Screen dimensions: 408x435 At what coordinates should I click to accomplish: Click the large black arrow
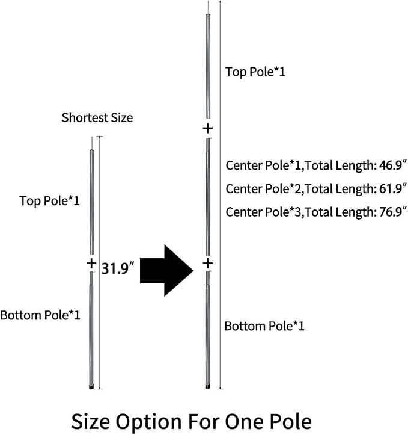pyautogui.click(x=166, y=271)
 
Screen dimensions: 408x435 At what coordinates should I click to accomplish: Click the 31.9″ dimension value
pyautogui.click(x=118, y=268)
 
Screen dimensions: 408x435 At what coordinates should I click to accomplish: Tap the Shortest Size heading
pyautogui.click(x=97, y=118)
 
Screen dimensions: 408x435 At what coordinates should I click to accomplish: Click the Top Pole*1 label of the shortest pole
pyautogui.click(x=50, y=201)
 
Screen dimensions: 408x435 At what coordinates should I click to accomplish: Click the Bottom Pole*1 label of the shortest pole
pyautogui.click(x=40, y=315)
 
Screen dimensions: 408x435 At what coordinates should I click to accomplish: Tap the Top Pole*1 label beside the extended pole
pyautogui.click(x=255, y=72)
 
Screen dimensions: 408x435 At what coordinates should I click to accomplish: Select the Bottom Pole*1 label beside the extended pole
pyautogui.click(x=264, y=326)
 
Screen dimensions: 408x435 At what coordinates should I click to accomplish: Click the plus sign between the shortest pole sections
pyautogui.click(x=91, y=263)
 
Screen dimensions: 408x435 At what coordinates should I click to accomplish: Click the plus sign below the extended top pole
pyautogui.click(x=208, y=128)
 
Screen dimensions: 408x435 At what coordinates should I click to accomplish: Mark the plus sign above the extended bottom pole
pyautogui.click(x=208, y=263)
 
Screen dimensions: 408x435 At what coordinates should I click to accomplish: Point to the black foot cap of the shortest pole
pyautogui.click(x=91, y=387)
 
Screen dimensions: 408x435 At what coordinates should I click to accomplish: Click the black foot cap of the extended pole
pyautogui.click(x=208, y=387)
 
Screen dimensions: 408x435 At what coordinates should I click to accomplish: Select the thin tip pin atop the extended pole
pyautogui.click(x=208, y=7)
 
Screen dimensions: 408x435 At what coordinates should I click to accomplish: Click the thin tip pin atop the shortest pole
pyautogui.click(x=92, y=143)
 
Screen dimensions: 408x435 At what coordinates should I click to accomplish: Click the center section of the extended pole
pyautogui.click(x=208, y=197)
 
